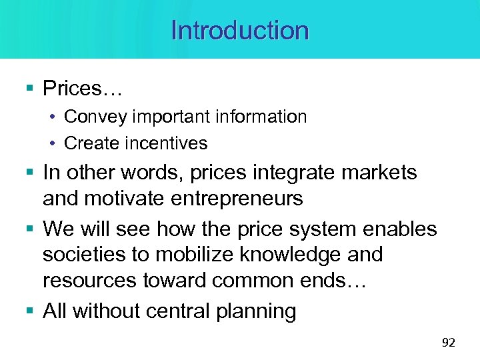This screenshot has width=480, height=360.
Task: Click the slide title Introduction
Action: click(x=240, y=31)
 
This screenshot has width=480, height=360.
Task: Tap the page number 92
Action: click(x=448, y=343)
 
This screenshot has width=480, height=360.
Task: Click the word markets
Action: click(x=379, y=173)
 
